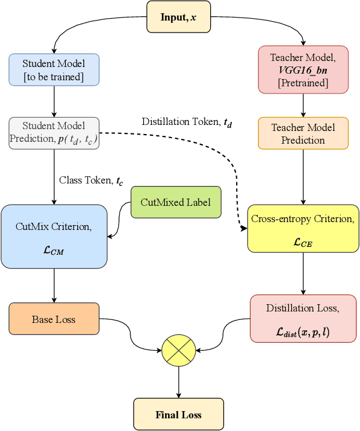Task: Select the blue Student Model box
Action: pyautogui.click(x=54, y=69)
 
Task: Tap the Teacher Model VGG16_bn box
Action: pyautogui.click(x=303, y=69)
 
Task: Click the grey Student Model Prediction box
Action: pyautogui.click(x=54, y=133)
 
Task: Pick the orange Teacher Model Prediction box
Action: pyautogui.click(x=303, y=133)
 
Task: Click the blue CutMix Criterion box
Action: pyautogui.click(x=54, y=237)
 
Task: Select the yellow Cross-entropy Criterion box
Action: pyautogui.click(x=303, y=228)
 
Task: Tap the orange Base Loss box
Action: pyautogui.click(x=54, y=319)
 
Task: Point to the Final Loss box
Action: pyautogui.click(x=178, y=414)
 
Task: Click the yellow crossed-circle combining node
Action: pyautogui.click(x=178, y=350)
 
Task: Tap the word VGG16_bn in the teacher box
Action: pyautogui.click(x=303, y=70)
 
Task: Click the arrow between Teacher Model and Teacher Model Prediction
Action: pyautogui.click(x=303, y=105)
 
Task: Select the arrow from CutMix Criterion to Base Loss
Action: pyautogui.click(x=54, y=285)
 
